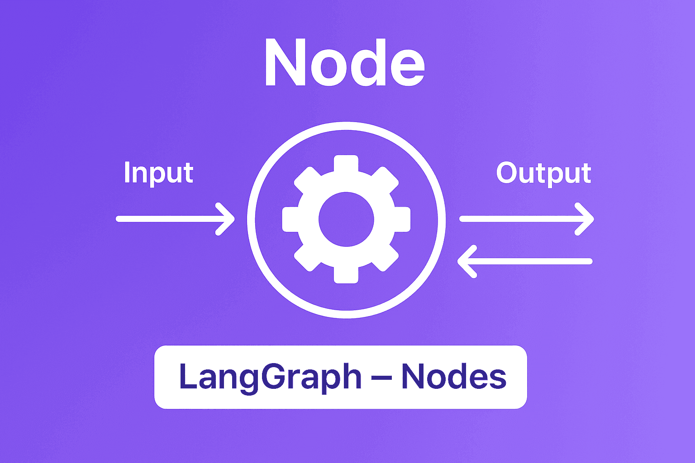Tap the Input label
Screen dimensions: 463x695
pos(158,173)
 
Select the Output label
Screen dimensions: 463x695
pos(543,173)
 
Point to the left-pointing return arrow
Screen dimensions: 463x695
pos(525,261)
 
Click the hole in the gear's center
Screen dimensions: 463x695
pos(346,219)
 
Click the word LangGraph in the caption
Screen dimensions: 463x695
pos(270,377)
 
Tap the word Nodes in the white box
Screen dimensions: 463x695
pos(454,377)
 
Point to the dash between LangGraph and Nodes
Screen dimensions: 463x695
pos(381,378)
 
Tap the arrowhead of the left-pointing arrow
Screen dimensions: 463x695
pos(465,261)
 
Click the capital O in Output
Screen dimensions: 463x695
pos(508,173)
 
